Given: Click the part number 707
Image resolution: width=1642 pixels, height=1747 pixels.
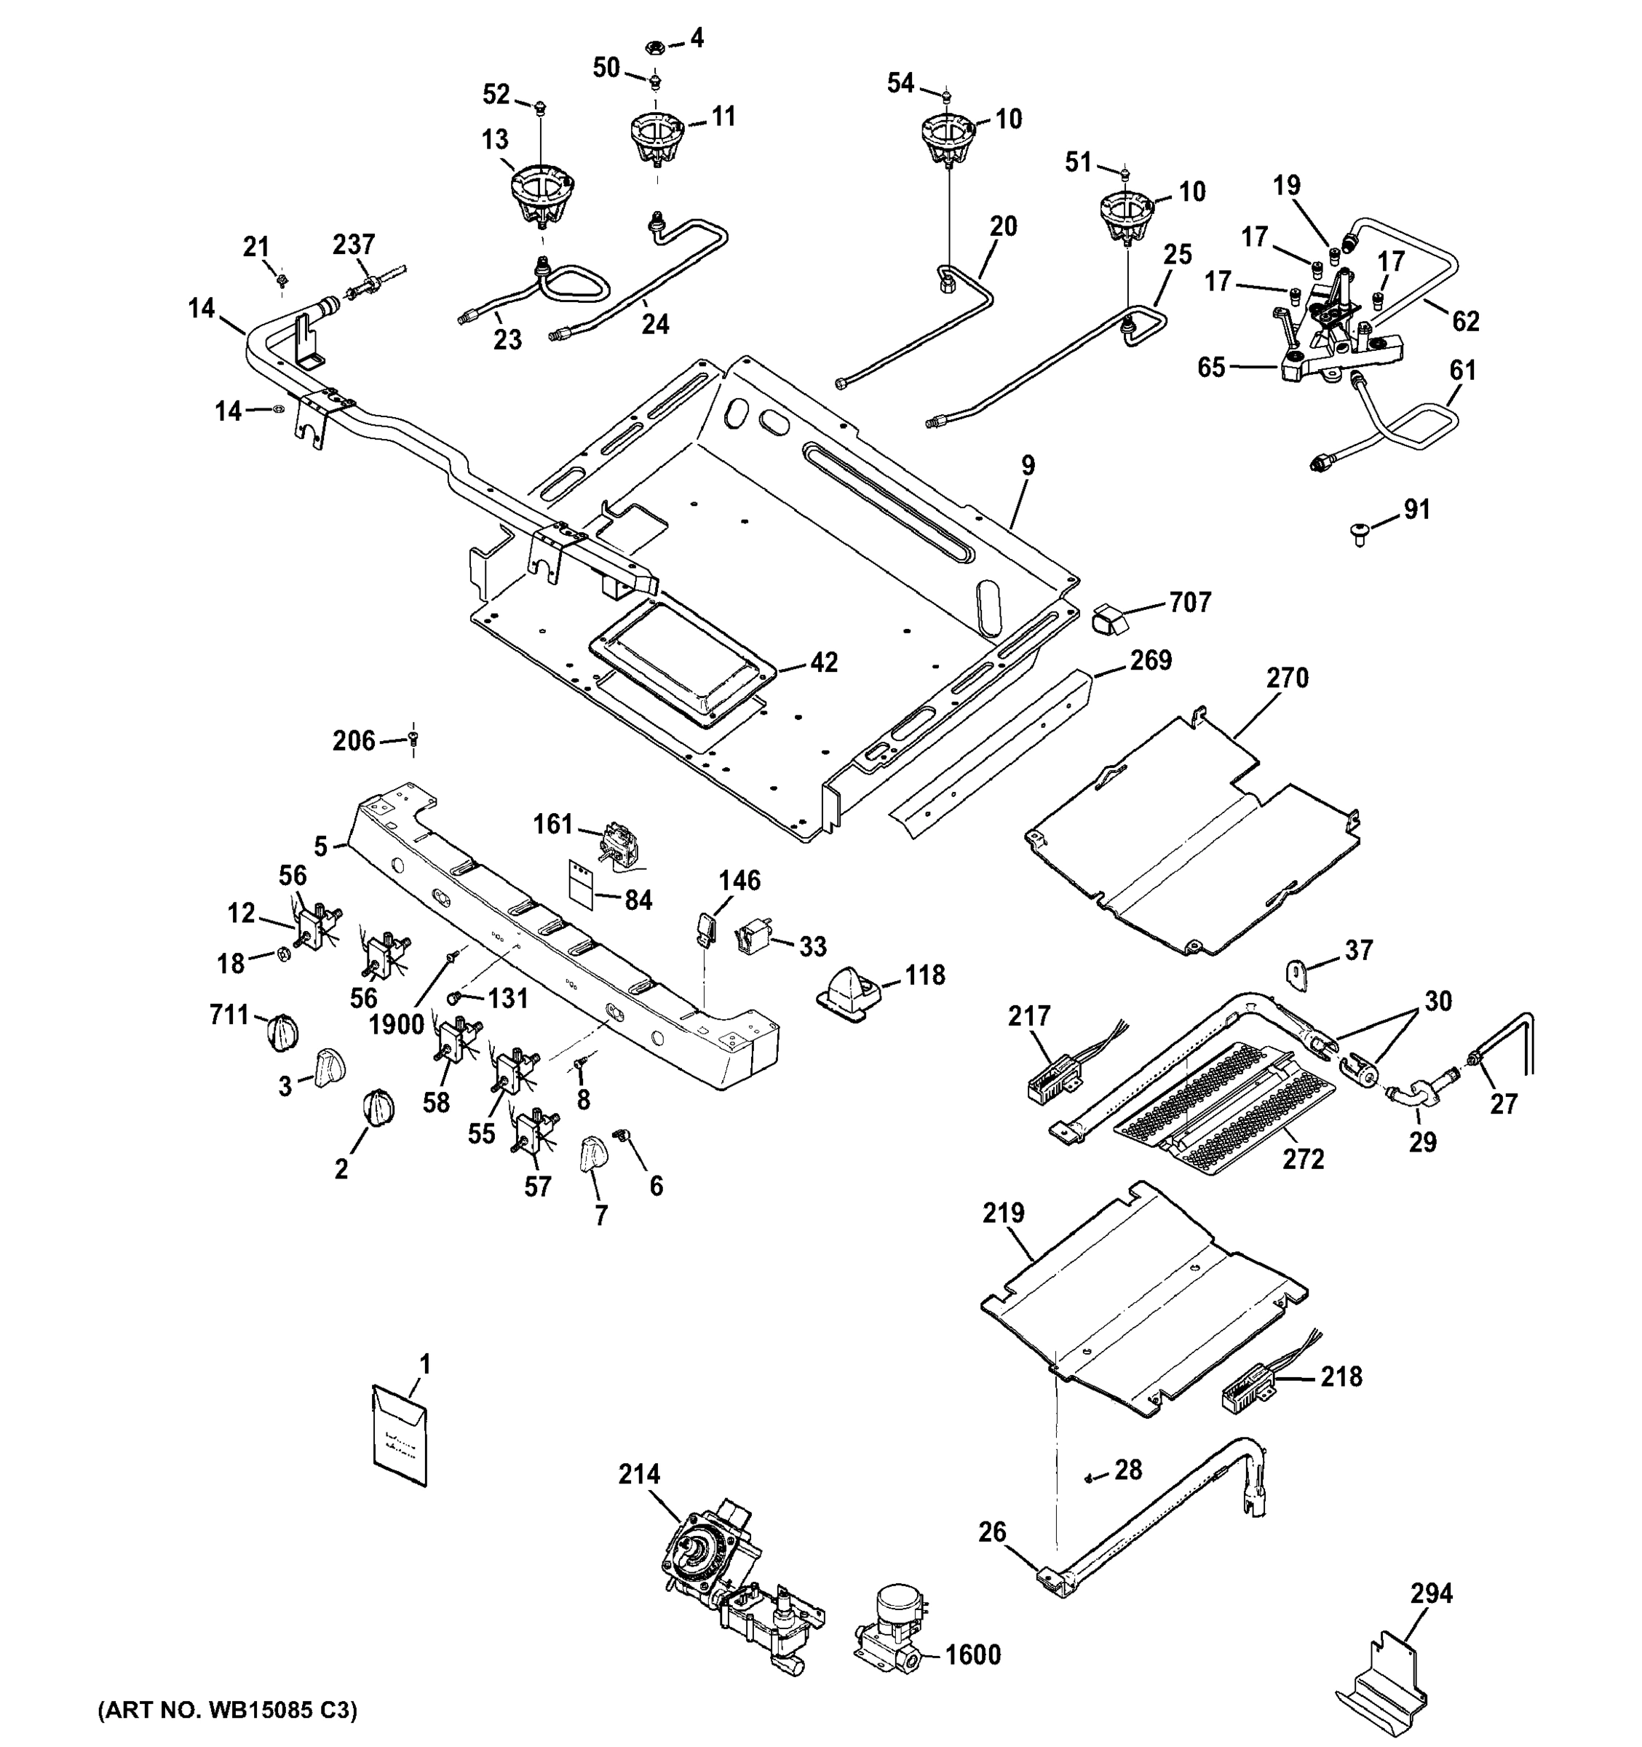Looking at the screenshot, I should pos(1189,603).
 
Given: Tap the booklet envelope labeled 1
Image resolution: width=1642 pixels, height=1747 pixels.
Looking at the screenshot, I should pos(400,1436).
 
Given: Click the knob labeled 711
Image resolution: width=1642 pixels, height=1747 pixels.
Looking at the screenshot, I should pos(282,1030).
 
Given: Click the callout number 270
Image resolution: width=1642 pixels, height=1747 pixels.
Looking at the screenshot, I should pos(1287,678).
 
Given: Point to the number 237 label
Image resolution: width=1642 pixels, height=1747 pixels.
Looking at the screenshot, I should pos(353,245).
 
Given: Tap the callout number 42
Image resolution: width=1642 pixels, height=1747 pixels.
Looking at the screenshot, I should pos(823,662).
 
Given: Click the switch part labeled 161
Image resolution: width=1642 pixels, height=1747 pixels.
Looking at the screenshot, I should pos(614,847).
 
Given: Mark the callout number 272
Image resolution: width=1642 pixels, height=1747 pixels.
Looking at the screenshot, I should pos(1303,1160).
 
